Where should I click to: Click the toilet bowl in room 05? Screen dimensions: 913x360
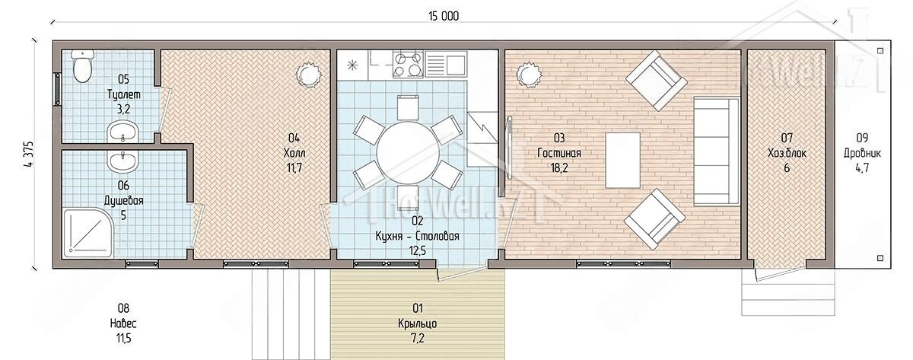[82, 66]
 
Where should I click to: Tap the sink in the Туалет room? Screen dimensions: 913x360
[122, 133]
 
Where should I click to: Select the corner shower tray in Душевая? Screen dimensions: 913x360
[87, 233]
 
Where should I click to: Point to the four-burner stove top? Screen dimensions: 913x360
[408, 64]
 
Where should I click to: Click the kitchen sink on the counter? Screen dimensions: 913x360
[446, 64]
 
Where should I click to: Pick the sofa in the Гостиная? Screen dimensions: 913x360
[716, 151]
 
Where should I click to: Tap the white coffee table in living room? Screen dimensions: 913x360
[622, 161]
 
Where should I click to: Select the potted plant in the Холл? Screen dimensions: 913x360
[309, 75]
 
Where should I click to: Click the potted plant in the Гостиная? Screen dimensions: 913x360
[528, 75]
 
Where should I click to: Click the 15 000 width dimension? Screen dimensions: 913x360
[444, 16]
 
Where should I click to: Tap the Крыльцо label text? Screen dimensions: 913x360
[418, 323]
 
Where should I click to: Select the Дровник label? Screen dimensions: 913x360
[862, 154]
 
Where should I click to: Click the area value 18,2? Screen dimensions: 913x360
[559, 168]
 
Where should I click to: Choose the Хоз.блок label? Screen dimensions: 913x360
[787, 153]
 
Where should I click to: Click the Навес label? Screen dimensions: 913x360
[123, 323]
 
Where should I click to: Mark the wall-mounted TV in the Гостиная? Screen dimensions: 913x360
[510, 148]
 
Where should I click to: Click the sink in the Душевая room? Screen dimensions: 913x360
[122, 161]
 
